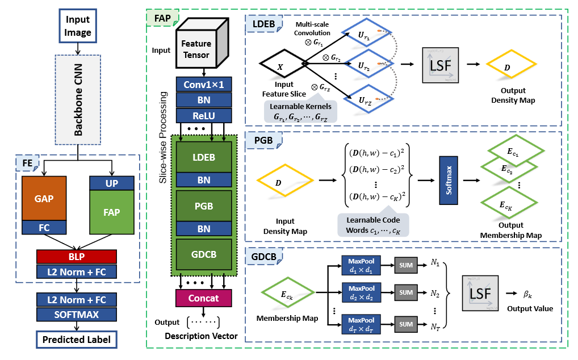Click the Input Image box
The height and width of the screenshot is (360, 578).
tap(78, 26)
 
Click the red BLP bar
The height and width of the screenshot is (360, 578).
tap(76, 256)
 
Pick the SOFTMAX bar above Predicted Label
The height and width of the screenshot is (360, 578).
tap(77, 314)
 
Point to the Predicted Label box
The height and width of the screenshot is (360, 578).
tap(77, 340)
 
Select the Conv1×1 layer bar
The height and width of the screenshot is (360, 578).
tap(204, 85)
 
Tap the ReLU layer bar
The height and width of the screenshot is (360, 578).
tap(204, 115)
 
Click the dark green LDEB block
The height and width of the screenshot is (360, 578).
tap(204, 156)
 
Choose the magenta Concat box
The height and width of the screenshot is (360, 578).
tap(204, 298)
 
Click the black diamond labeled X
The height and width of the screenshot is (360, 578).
tap(280, 65)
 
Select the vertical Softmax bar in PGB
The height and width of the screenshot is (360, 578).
tap(448, 181)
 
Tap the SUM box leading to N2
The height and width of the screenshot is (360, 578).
tap(405, 294)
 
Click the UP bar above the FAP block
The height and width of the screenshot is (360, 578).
tap(111, 183)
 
